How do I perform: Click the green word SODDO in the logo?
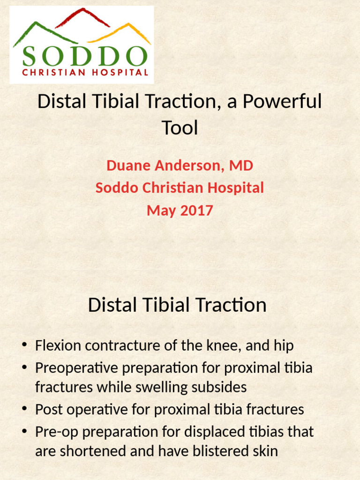tap(84, 56)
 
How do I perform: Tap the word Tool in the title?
tap(180, 127)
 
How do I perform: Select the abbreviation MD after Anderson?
tap(242, 165)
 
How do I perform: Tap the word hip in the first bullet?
tap(284, 346)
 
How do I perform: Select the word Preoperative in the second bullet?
tap(77, 367)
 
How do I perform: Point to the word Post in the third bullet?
tap(49, 410)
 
